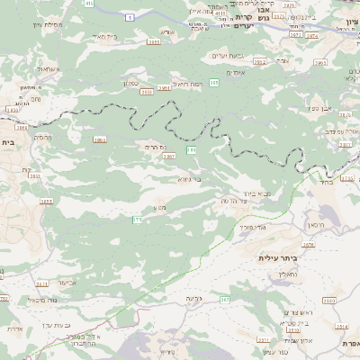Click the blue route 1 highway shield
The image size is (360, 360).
130,17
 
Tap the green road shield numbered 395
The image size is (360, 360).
213,83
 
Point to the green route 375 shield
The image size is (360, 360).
138,220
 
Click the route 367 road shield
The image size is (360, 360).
225,299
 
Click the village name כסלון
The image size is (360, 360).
130,82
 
